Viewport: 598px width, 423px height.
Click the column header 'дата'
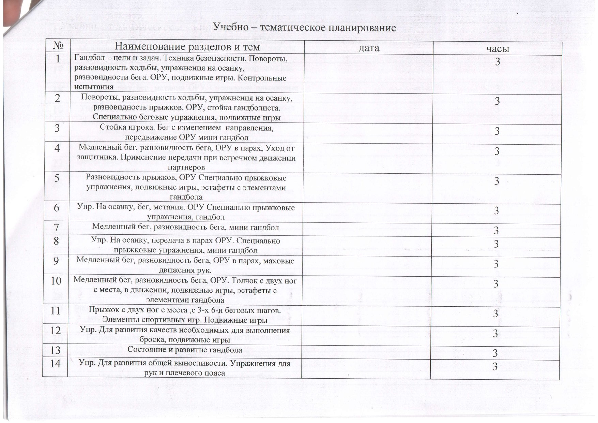point(369,48)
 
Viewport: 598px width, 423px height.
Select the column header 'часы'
point(497,48)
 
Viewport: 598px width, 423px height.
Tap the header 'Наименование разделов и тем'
point(187,47)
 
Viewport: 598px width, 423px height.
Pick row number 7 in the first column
point(57,228)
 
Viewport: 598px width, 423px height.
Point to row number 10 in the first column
point(56,281)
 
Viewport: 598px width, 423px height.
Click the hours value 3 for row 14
point(497,367)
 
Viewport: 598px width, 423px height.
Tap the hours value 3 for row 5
point(497,181)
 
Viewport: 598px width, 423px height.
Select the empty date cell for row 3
point(367,133)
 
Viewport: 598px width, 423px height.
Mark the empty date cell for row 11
point(367,316)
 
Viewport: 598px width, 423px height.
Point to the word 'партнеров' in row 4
point(186,167)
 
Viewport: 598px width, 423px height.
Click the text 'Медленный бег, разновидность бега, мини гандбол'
point(186,227)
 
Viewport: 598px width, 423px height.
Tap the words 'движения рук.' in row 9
point(185,271)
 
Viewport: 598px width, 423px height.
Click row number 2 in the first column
point(57,98)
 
